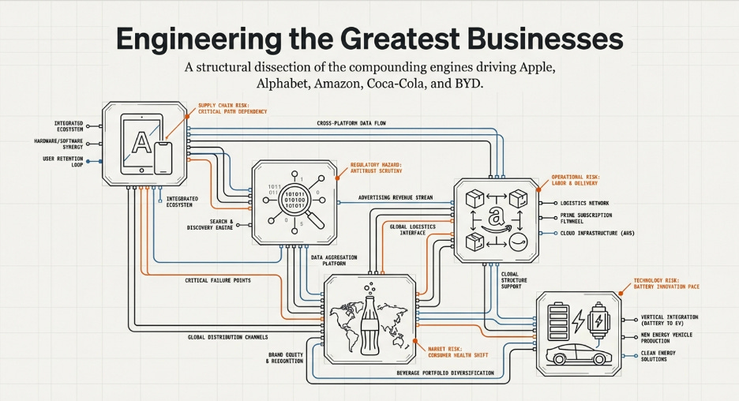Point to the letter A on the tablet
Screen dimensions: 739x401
click(141, 143)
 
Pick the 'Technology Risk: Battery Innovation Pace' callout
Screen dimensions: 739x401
click(675, 283)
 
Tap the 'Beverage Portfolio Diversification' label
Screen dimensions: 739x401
click(445, 373)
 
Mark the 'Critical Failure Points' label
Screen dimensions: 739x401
click(219, 280)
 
